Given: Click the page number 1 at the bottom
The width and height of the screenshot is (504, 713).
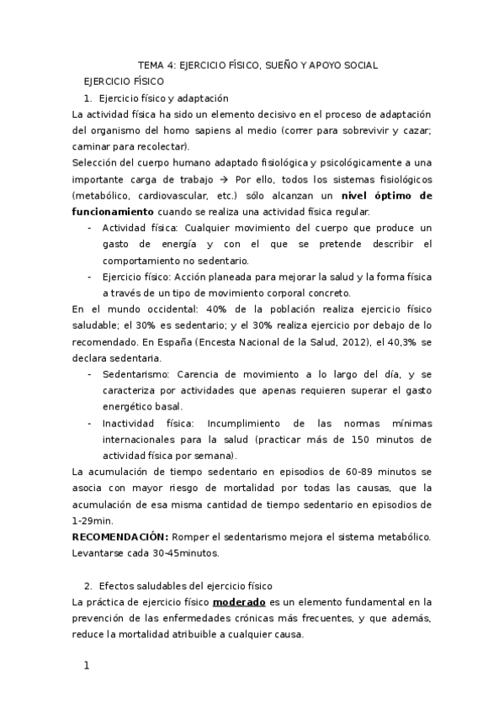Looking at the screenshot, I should (85, 666).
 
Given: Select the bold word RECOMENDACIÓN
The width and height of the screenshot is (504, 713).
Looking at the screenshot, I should (120, 536).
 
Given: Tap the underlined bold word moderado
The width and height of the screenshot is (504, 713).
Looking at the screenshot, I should (240, 601).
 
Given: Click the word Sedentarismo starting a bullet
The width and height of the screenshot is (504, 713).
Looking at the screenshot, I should (135, 374).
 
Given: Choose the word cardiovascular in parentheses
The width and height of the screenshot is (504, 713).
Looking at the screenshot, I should (173, 195).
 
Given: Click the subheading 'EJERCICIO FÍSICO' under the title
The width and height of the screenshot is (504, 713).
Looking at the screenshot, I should (124, 82).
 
